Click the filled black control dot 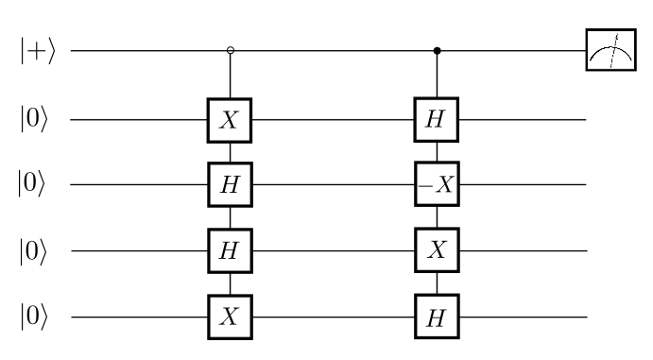tap(436, 50)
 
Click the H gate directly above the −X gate tap(436, 120)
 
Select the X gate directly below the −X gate tap(436, 250)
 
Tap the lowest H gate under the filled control tap(436, 316)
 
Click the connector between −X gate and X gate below tap(436, 218)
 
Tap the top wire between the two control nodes tap(334, 50)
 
